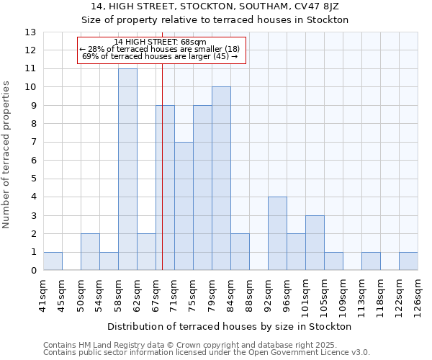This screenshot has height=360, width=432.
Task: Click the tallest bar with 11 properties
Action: click(127, 170)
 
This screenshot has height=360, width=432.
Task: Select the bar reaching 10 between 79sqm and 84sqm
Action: click(221, 179)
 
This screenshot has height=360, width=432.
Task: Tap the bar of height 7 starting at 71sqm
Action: click(184, 207)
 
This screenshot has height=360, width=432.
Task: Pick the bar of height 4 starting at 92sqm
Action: click(277, 234)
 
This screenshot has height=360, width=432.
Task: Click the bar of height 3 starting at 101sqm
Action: click(315, 243)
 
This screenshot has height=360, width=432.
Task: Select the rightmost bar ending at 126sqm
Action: click(408, 261)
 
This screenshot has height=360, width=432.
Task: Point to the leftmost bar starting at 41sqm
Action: click(53, 261)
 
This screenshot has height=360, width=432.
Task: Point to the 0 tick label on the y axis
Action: click(33, 271)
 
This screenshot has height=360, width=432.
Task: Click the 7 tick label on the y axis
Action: click(33, 143)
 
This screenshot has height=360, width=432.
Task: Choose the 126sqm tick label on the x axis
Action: click(418, 294)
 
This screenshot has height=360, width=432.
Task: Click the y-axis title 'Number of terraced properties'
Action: click(6, 155)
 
